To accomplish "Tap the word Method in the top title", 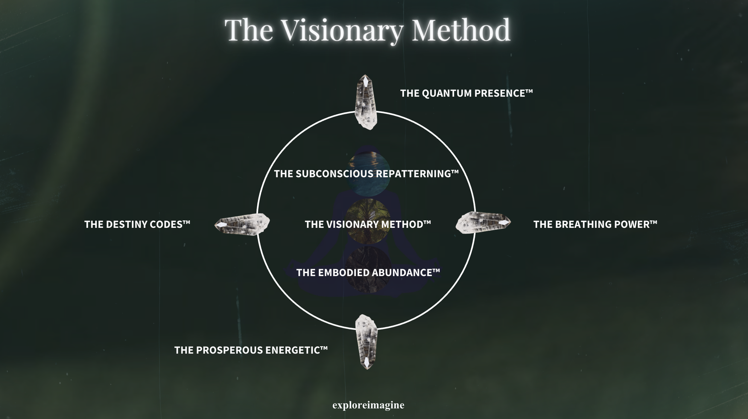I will (x=461, y=30).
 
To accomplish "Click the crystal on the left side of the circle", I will (x=242, y=224).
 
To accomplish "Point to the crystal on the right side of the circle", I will (x=483, y=223).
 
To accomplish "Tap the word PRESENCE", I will (x=499, y=93).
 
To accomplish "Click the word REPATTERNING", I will (x=413, y=174).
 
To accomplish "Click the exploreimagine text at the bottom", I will (x=368, y=405).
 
